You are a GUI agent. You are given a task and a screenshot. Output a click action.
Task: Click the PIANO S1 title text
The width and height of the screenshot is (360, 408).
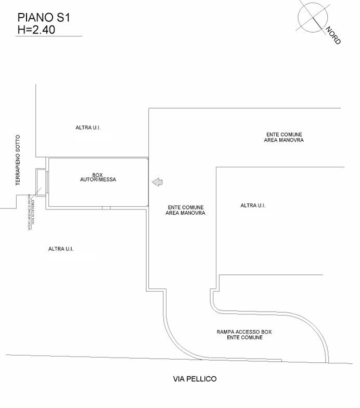pos(44,18)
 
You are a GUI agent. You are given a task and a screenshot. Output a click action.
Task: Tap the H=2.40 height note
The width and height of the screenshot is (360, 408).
pos(36,30)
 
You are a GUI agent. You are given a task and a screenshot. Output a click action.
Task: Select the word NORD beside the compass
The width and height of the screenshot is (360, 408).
pos(333,35)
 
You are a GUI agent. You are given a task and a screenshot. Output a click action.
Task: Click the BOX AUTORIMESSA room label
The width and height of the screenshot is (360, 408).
pos(98,177)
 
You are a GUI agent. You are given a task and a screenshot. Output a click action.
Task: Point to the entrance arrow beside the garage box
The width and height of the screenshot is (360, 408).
pos(157,181)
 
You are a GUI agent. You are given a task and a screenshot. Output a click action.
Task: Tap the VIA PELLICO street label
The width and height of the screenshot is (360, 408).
pos(195,379)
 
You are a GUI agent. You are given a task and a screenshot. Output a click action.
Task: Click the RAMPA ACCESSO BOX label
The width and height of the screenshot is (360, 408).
pos(245,332)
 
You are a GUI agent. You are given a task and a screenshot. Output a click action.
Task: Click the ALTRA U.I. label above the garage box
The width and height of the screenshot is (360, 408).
pos(87,127)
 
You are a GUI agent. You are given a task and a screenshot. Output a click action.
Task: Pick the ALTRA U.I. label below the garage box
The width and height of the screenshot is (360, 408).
pos(61,249)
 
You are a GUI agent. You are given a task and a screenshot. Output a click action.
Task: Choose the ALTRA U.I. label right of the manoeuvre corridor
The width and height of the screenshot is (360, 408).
pos(253,205)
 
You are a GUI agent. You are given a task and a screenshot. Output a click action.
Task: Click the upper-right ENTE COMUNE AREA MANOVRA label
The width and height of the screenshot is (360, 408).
pos(284,137)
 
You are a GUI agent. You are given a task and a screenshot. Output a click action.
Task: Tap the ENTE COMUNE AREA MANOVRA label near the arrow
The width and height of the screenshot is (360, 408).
pos(185,210)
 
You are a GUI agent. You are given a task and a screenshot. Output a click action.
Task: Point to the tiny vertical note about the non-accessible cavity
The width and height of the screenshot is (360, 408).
pos(31,214)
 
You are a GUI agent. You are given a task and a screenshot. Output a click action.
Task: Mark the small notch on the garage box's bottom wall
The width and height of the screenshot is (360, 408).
pos(106,208)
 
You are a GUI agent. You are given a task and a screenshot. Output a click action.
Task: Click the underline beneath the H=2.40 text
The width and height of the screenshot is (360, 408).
pos(49,36)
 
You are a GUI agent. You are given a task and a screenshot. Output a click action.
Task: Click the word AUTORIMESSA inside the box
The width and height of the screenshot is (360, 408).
pos(98,180)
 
